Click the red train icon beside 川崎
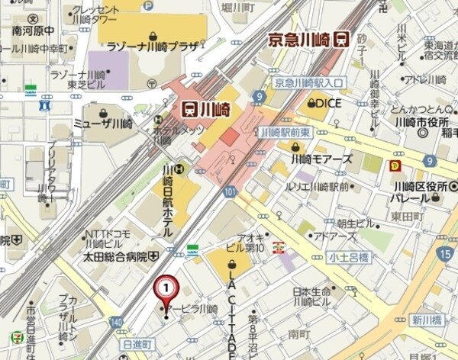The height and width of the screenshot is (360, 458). pos(188,108)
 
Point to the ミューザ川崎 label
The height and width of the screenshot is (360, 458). pos(103,123)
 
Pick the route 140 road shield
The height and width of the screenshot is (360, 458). pos(115,323)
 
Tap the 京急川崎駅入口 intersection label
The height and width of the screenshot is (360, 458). pos(310,82)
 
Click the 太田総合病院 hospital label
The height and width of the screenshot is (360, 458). pos(116,256)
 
